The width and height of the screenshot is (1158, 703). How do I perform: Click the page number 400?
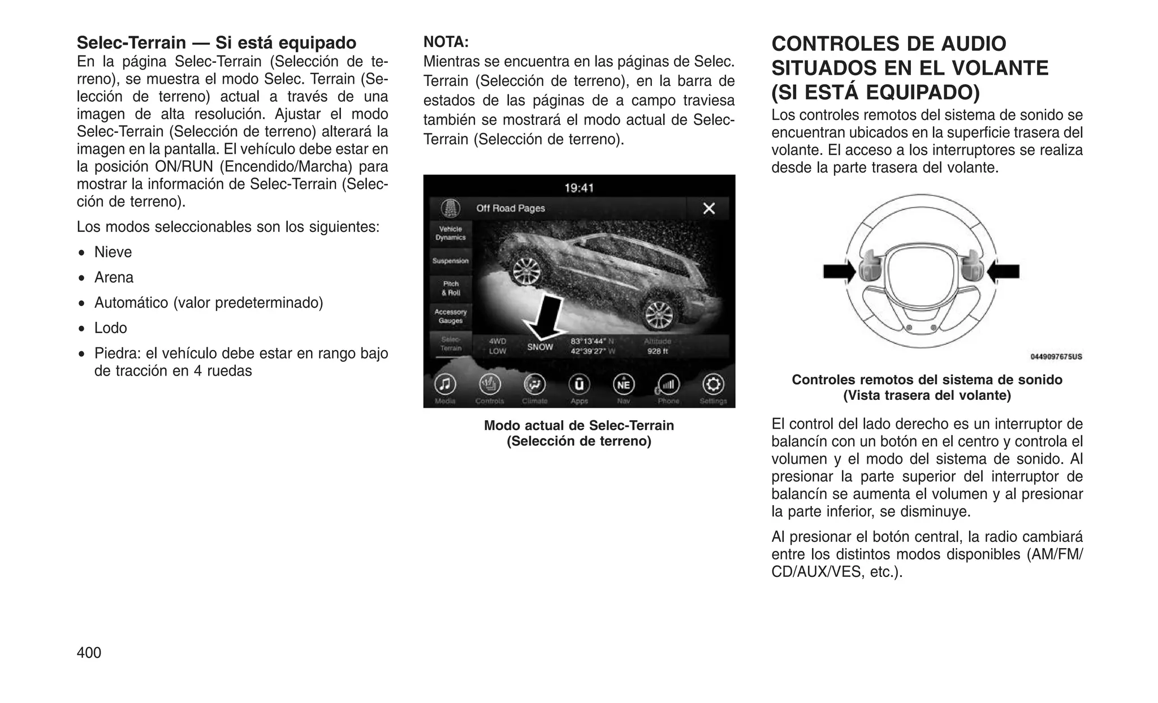89,653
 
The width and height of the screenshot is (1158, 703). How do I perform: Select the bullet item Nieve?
113,252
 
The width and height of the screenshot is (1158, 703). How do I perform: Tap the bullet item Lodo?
111,328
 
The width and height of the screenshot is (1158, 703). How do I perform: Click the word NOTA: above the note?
446,42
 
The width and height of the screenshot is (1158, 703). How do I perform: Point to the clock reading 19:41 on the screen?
579,188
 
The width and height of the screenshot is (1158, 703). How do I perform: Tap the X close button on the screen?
708,209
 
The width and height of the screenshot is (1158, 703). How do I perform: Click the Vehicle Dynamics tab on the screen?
450,234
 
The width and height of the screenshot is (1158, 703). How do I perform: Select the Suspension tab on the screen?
450,261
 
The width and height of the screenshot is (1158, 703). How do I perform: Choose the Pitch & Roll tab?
451,288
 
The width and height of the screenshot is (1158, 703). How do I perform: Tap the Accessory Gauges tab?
450,316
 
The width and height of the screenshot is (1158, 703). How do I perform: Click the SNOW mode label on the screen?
540,347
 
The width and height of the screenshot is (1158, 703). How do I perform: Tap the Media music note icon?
445,385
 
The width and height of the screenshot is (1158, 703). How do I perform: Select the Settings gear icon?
712,385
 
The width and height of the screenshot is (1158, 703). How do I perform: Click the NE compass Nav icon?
623,385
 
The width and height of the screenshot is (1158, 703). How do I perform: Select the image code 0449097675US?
1056,357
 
